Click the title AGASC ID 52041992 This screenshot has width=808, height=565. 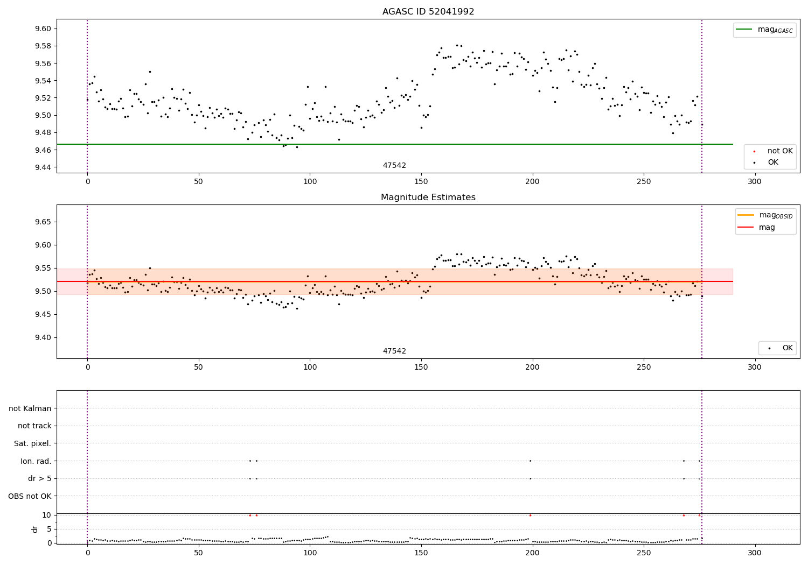click(x=428, y=11)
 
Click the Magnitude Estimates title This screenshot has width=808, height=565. click(x=428, y=197)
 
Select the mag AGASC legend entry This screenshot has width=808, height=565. click(x=764, y=30)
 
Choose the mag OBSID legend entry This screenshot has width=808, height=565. click(x=765, y=215)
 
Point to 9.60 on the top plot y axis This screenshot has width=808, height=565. click(x=43, y=29)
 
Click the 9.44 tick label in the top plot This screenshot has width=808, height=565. click(x=43, y=167)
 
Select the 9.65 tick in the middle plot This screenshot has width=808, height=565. click(x=43, y=222)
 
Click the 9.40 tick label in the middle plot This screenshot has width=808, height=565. click(x=43, y=337)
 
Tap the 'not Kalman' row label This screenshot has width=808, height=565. click(x=30, y=408)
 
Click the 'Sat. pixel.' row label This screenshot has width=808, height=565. click(x=32, y=443)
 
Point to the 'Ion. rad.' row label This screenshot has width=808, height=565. click(x=36, y=461)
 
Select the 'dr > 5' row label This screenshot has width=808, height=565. click(x=40, y=478)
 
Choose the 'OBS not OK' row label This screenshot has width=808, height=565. click(x=30, y=496)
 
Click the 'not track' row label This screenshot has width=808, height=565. click(x=34, y=426)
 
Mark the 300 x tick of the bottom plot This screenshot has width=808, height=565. click(x=754, y=553)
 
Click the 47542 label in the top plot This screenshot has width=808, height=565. click(x=394, y=165)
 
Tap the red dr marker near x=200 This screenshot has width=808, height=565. click(x=530, y=515)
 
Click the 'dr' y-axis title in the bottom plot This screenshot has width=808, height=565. click(x=34, y=529)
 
